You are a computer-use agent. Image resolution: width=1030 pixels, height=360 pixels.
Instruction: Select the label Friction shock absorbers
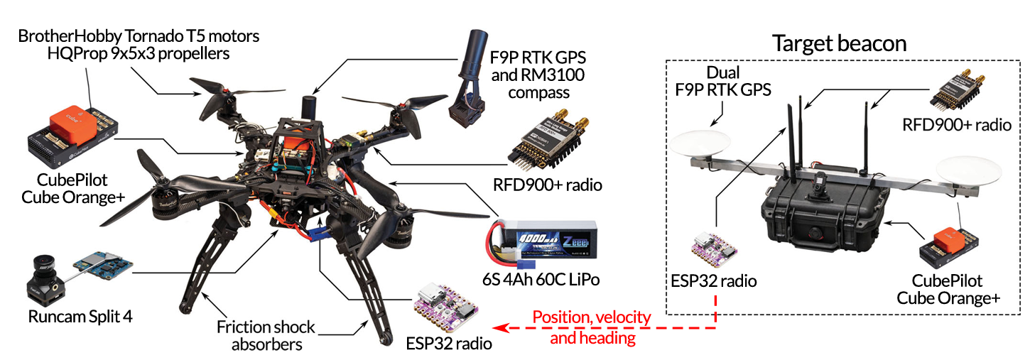[266, 336]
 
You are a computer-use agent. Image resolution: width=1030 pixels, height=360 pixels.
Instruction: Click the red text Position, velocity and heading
[592, 327]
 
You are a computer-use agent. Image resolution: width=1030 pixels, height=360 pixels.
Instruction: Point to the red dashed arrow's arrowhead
[499, 328]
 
